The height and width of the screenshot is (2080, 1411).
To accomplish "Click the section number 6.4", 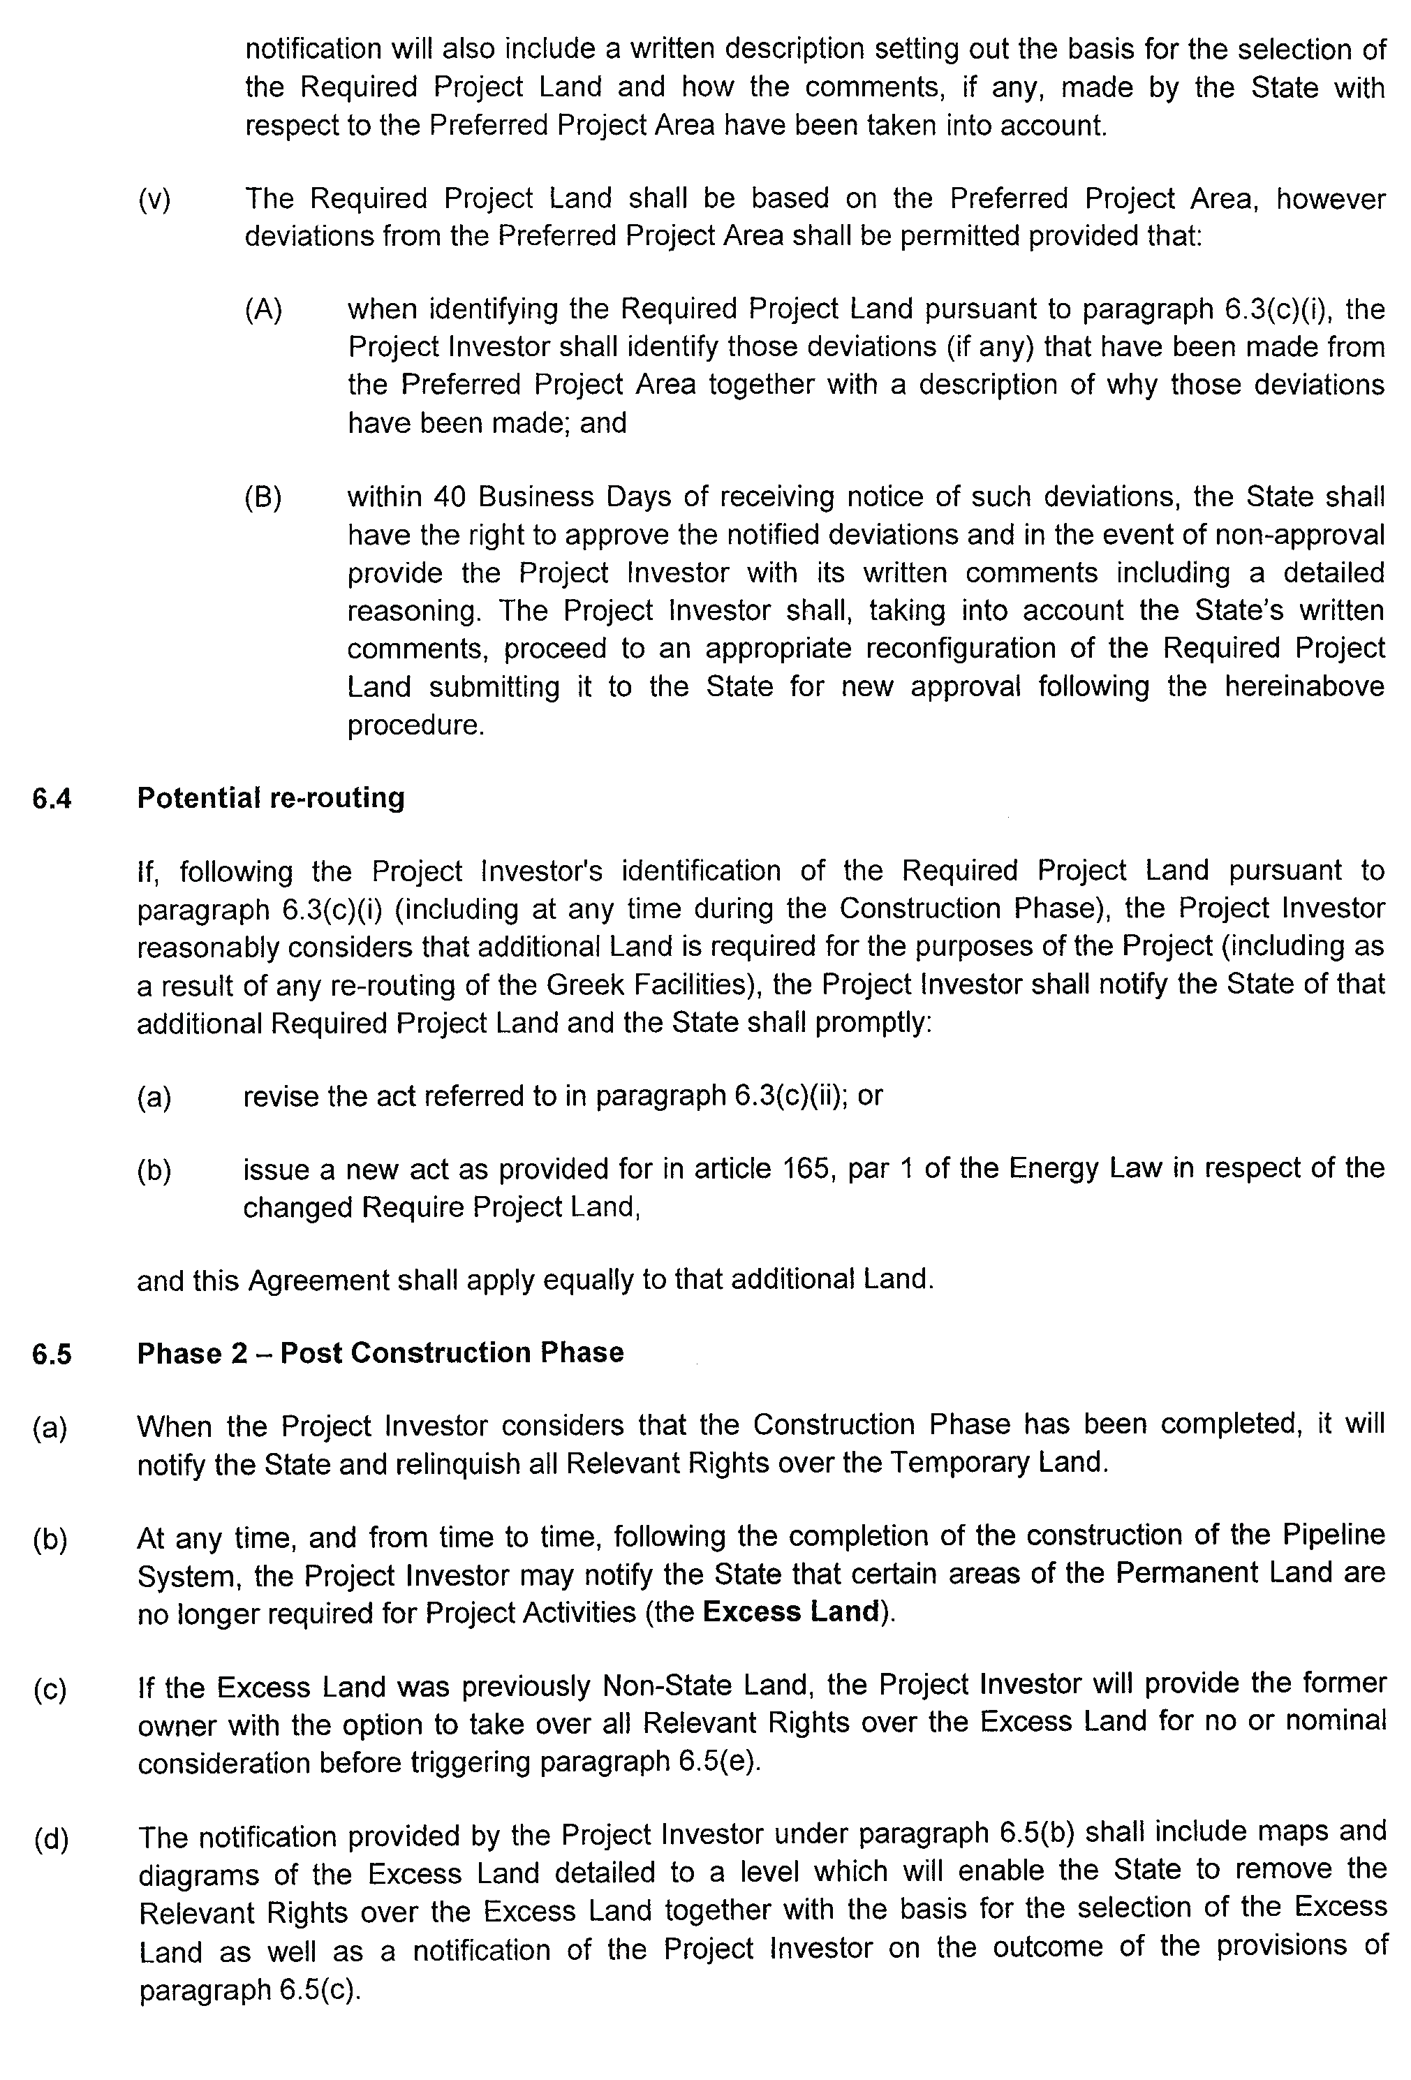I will (51, 798).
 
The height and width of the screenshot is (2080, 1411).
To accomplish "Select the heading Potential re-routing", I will (270, 797).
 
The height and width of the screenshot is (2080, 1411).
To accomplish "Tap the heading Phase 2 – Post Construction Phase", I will (381, 1352).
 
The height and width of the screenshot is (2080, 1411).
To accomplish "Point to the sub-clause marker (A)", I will (263, 310).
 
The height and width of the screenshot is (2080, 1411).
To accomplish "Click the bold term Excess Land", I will (790, 1612).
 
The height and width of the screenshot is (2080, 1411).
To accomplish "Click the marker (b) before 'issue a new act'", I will (154, 1170).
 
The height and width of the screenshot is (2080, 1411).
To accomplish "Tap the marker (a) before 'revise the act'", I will (154, 1096).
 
